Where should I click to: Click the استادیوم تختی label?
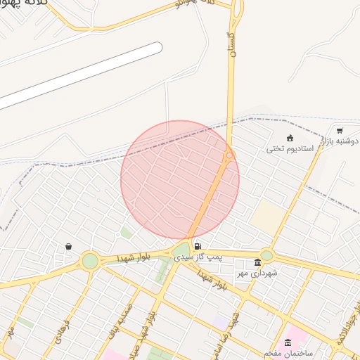pos(290,149)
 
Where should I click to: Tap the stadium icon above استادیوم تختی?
pos(290,138)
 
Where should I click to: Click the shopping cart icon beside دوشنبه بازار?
pos(340,130)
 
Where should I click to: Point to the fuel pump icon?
pos(197,246)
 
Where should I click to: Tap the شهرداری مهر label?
pos(256,273)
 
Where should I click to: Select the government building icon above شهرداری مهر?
pos(257,263)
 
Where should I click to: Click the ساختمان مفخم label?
pos(288,352)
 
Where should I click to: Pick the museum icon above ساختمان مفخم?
pos(288,342)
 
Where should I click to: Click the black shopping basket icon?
pos(68,246)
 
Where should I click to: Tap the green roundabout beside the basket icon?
pos(90,261)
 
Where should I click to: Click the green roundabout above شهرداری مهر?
pos(266,255)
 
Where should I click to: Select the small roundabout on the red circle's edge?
pos(229,155)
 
